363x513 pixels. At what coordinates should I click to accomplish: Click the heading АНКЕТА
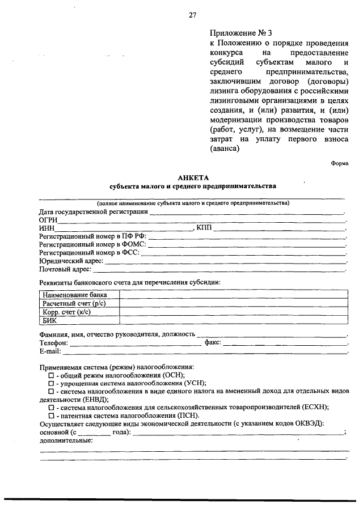coord(192,177)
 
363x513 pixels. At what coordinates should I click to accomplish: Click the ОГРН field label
coord(49,220)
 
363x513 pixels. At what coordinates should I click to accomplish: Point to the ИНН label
coord(47,228)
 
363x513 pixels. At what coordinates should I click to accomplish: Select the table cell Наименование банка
coord(74,295)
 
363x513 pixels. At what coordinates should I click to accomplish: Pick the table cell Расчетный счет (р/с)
coord(74,303)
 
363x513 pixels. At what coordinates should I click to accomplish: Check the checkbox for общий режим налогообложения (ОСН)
coord(50,375)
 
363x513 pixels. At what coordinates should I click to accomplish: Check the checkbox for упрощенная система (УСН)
coord(50,383)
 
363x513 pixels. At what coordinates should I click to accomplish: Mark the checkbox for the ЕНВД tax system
coord(50,391)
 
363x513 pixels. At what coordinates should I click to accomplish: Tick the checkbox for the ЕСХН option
coord(50,407)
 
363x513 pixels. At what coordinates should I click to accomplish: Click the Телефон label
coord(53,344)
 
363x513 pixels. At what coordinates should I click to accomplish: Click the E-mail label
coord(50,351)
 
